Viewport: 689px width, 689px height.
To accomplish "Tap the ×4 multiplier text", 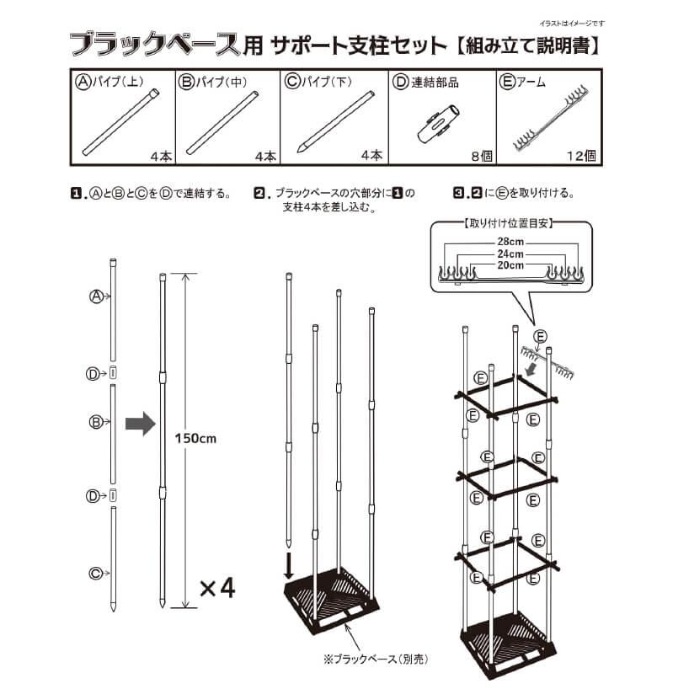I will [216, 587].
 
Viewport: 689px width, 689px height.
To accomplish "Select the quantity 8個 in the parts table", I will [478, 155].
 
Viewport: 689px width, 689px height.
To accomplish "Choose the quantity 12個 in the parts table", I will [583, 155].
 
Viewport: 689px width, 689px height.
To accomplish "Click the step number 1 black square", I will [75, 192].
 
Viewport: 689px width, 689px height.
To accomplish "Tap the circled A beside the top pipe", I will [96, 296].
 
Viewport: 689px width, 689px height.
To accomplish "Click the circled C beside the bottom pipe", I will [96, 574].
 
